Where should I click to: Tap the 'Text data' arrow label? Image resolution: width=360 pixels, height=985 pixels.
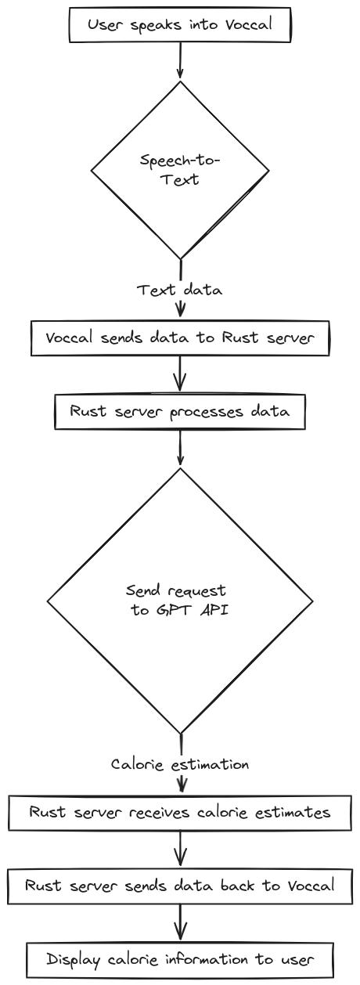[180, 290]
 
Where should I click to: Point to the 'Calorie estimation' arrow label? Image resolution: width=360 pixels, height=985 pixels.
[180, 764]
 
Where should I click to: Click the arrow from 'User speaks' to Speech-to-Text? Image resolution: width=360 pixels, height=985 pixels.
[180, 62]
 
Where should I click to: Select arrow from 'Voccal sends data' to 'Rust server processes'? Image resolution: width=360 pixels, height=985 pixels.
[180, 373]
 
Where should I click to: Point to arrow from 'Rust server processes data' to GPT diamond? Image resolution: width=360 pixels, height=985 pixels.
[180, 448]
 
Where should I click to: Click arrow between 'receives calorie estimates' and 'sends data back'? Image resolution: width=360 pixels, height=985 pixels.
[180, 849]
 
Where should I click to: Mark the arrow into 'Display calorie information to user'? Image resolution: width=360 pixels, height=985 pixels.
[180, 922]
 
